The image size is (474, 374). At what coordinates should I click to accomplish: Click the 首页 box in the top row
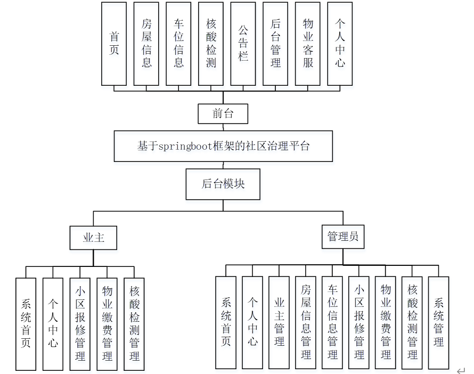114,44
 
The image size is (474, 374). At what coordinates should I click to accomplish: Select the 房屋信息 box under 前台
146,44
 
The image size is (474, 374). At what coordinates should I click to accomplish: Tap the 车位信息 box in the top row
178,44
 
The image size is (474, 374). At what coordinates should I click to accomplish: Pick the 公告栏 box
243,44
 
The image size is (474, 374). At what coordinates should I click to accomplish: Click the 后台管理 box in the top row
275,44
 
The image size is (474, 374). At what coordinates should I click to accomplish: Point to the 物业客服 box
308,44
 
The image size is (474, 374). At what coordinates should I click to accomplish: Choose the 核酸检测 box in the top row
211,44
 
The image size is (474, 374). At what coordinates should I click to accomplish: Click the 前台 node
223,113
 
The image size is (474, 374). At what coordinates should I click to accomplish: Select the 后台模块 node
223,184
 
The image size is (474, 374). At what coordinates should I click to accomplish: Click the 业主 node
93,238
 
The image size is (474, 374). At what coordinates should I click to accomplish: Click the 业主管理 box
279,322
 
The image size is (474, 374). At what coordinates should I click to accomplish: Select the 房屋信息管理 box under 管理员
306,322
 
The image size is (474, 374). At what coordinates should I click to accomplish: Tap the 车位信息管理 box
332,322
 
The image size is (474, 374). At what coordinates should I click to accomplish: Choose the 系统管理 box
438,322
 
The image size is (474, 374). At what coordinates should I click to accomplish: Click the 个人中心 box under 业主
53,324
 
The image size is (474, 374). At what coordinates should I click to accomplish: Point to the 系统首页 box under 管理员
226,322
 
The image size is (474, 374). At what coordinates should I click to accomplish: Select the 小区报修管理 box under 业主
80,324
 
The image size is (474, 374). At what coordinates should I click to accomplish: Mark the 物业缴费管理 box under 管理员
386,322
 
